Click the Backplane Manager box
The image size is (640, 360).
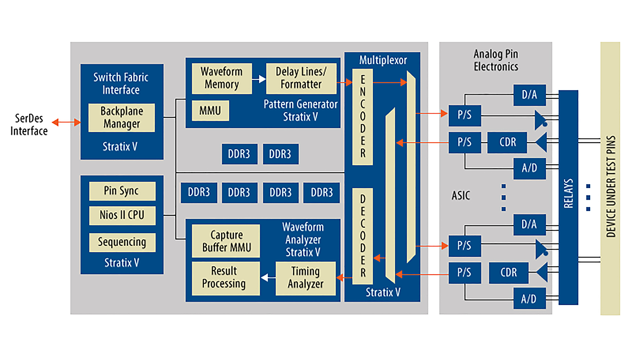[122, 118]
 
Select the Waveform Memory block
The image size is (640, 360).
[222, 78]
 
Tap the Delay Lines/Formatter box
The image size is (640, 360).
[301, 78]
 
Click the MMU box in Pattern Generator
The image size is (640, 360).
[210, 111]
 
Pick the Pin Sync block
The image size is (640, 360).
[122, 191]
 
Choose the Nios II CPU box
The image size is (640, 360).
[122, 215]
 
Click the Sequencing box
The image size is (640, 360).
[122, 242]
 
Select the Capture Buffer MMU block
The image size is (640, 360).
[226, 241]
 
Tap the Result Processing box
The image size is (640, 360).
[225, 278]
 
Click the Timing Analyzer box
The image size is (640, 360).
[305, 278]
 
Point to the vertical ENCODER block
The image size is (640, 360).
[363, 117]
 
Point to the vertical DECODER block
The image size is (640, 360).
[363, 236]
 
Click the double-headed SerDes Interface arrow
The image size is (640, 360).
[66, 122]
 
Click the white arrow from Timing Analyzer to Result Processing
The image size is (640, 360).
[268, 277]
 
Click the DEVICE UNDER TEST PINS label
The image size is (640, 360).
[610, 187]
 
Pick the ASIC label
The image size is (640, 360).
[461, 196]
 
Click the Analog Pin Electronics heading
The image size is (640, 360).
[496, 60]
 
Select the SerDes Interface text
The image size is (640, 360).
[29, 125]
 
